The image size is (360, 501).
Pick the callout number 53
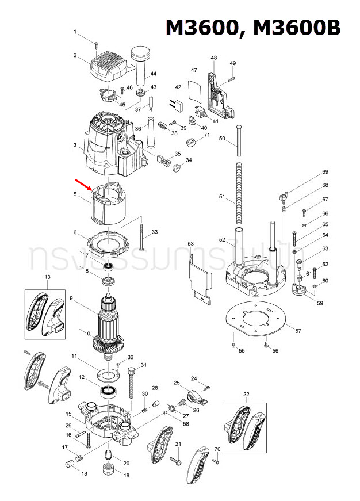pos(191,244)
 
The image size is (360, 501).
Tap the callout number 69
pos(325,172)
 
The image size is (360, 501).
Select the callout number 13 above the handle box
pos(48,277)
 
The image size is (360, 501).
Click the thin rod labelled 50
pos(237,141)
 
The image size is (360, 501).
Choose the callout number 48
pos(214,58)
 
